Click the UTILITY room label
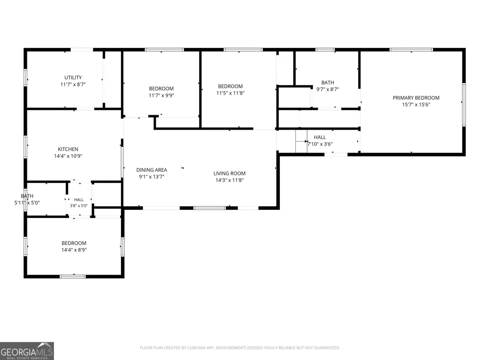tap(73, 77)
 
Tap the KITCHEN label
tap(68, 149)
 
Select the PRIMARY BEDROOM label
tap(416, 97)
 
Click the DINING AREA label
tap(152, 170)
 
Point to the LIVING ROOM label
tap(229, 173)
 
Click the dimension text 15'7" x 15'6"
tap(416, 105)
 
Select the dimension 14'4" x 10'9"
tap(68, 156)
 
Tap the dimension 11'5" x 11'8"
tap(230, 93)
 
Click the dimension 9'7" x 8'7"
tap(327, 89)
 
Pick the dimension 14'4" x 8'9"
tap(74, 250)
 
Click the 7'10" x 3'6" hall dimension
tap(320, 144)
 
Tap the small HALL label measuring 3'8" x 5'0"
tap(79, 200)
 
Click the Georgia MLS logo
tap(27, 351)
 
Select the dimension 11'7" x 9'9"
tap(161, 96)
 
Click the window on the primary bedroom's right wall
tap(464, 105)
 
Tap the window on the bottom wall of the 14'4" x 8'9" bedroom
tap(73, 276)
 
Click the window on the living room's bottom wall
tap(210, 208)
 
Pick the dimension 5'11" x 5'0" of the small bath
tap(27, 203)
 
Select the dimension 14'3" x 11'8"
tap(229, 180)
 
